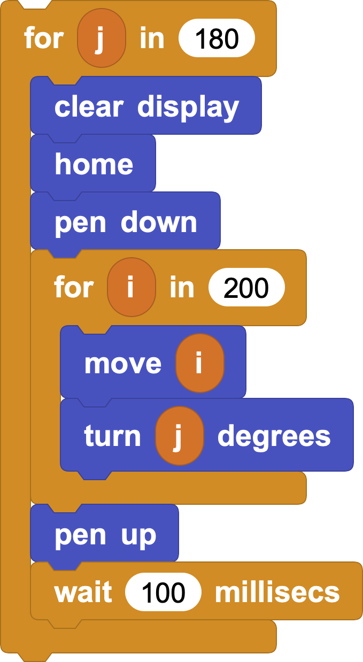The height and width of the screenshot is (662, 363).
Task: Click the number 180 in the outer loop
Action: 217,39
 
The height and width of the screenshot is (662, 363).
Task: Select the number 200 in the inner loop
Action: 246,288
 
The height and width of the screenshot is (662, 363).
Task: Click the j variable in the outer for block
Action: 102,38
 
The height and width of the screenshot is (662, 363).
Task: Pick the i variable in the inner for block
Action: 132,287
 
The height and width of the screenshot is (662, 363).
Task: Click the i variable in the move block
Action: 200,363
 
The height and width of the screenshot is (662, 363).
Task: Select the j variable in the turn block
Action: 180,436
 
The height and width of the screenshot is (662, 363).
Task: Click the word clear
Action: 89,106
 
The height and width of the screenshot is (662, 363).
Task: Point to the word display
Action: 188,108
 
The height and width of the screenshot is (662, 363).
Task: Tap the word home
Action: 94,164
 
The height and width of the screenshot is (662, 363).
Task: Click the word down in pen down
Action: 159,222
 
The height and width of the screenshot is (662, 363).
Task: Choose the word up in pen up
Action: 138,536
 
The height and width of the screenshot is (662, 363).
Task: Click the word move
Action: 123,364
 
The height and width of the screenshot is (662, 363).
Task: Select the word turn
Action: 112,436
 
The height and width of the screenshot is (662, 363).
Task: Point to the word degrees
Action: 274,437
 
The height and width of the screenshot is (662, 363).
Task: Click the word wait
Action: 83,592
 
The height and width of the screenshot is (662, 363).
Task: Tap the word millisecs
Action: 277,591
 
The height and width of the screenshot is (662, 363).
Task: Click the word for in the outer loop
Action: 44,37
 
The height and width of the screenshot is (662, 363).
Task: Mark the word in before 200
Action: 182,287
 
